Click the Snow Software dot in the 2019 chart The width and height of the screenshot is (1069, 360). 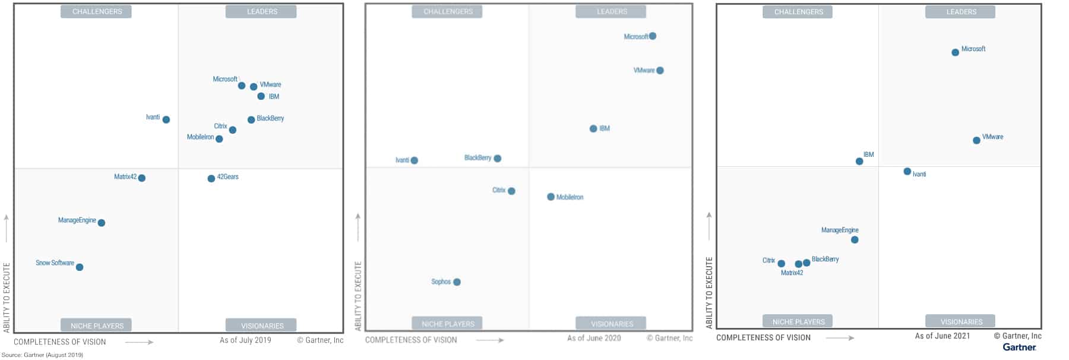pyautogui.click(x=80, y=267)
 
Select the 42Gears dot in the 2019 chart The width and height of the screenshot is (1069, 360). pyautogui.click(x=211, y=178)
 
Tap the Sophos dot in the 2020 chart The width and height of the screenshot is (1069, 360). pyautogui.click(x=457, y=282)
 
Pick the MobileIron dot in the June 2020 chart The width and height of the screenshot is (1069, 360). pyautogui.click(x=551, y=197)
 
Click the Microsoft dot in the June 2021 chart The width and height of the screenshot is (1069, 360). pyautogui.click(x=955, y=52)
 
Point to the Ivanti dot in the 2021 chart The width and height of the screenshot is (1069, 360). pyautogui.click(x=907, y=172)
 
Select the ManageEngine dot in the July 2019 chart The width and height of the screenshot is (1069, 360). pyautogui.click(x=102, y=223)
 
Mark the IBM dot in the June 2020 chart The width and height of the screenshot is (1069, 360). pyautogui.click(x=593, y=129)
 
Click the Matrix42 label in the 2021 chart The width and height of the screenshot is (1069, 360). pyautogui.click(x=792, y=273)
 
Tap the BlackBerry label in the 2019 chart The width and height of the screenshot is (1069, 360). pyautogui.click(x=270, y=118)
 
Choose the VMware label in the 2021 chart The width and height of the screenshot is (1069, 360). pyautogui.click(x=992, y=137)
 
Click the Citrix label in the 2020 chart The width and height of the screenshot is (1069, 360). pyautogui.click(x=499, y=190)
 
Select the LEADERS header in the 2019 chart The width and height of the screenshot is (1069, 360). pyautogui.click(x=261, y=12)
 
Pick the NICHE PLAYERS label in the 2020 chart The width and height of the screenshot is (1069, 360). pyautogui.click(x=448, y=324)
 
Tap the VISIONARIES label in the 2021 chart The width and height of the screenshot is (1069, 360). pyautogui.click(x=961, y=321)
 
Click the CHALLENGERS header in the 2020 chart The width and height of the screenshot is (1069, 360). pyautogui.click(x=448, y=12)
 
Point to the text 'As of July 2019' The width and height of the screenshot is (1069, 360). pyautogui.click(x=245, y=340)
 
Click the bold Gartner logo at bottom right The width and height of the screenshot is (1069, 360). pyautogui.click(x=1019, y=347)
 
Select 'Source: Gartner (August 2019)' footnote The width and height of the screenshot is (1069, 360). pyautogui.click(x=42, y=355)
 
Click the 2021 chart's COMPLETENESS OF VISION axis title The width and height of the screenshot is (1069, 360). pyautogui.click(x=763, y=337)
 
